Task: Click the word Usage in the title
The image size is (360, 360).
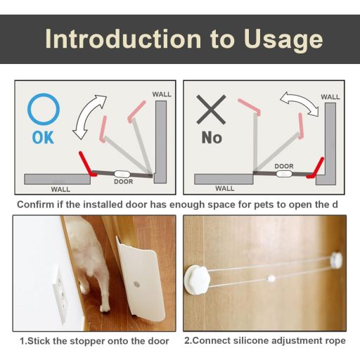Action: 283,40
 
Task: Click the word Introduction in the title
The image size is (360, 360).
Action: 123,39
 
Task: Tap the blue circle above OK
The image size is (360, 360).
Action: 44,109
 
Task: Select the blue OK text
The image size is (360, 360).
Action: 43,137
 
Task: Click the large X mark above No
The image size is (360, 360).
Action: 211,110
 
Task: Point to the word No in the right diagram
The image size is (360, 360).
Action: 212,137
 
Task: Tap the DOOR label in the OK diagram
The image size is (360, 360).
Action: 123,181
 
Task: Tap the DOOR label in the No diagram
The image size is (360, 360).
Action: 284,166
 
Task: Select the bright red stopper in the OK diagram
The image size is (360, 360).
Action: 86,165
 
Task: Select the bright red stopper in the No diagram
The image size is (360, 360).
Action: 316,169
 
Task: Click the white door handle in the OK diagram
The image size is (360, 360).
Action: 122,174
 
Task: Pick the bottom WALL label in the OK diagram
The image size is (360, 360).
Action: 60,189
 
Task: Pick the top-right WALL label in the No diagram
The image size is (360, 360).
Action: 330,97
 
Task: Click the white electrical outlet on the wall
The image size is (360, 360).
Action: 60,295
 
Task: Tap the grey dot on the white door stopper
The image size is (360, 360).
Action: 136,285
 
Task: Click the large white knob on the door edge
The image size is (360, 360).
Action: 197,280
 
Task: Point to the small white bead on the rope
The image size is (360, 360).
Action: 271,278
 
